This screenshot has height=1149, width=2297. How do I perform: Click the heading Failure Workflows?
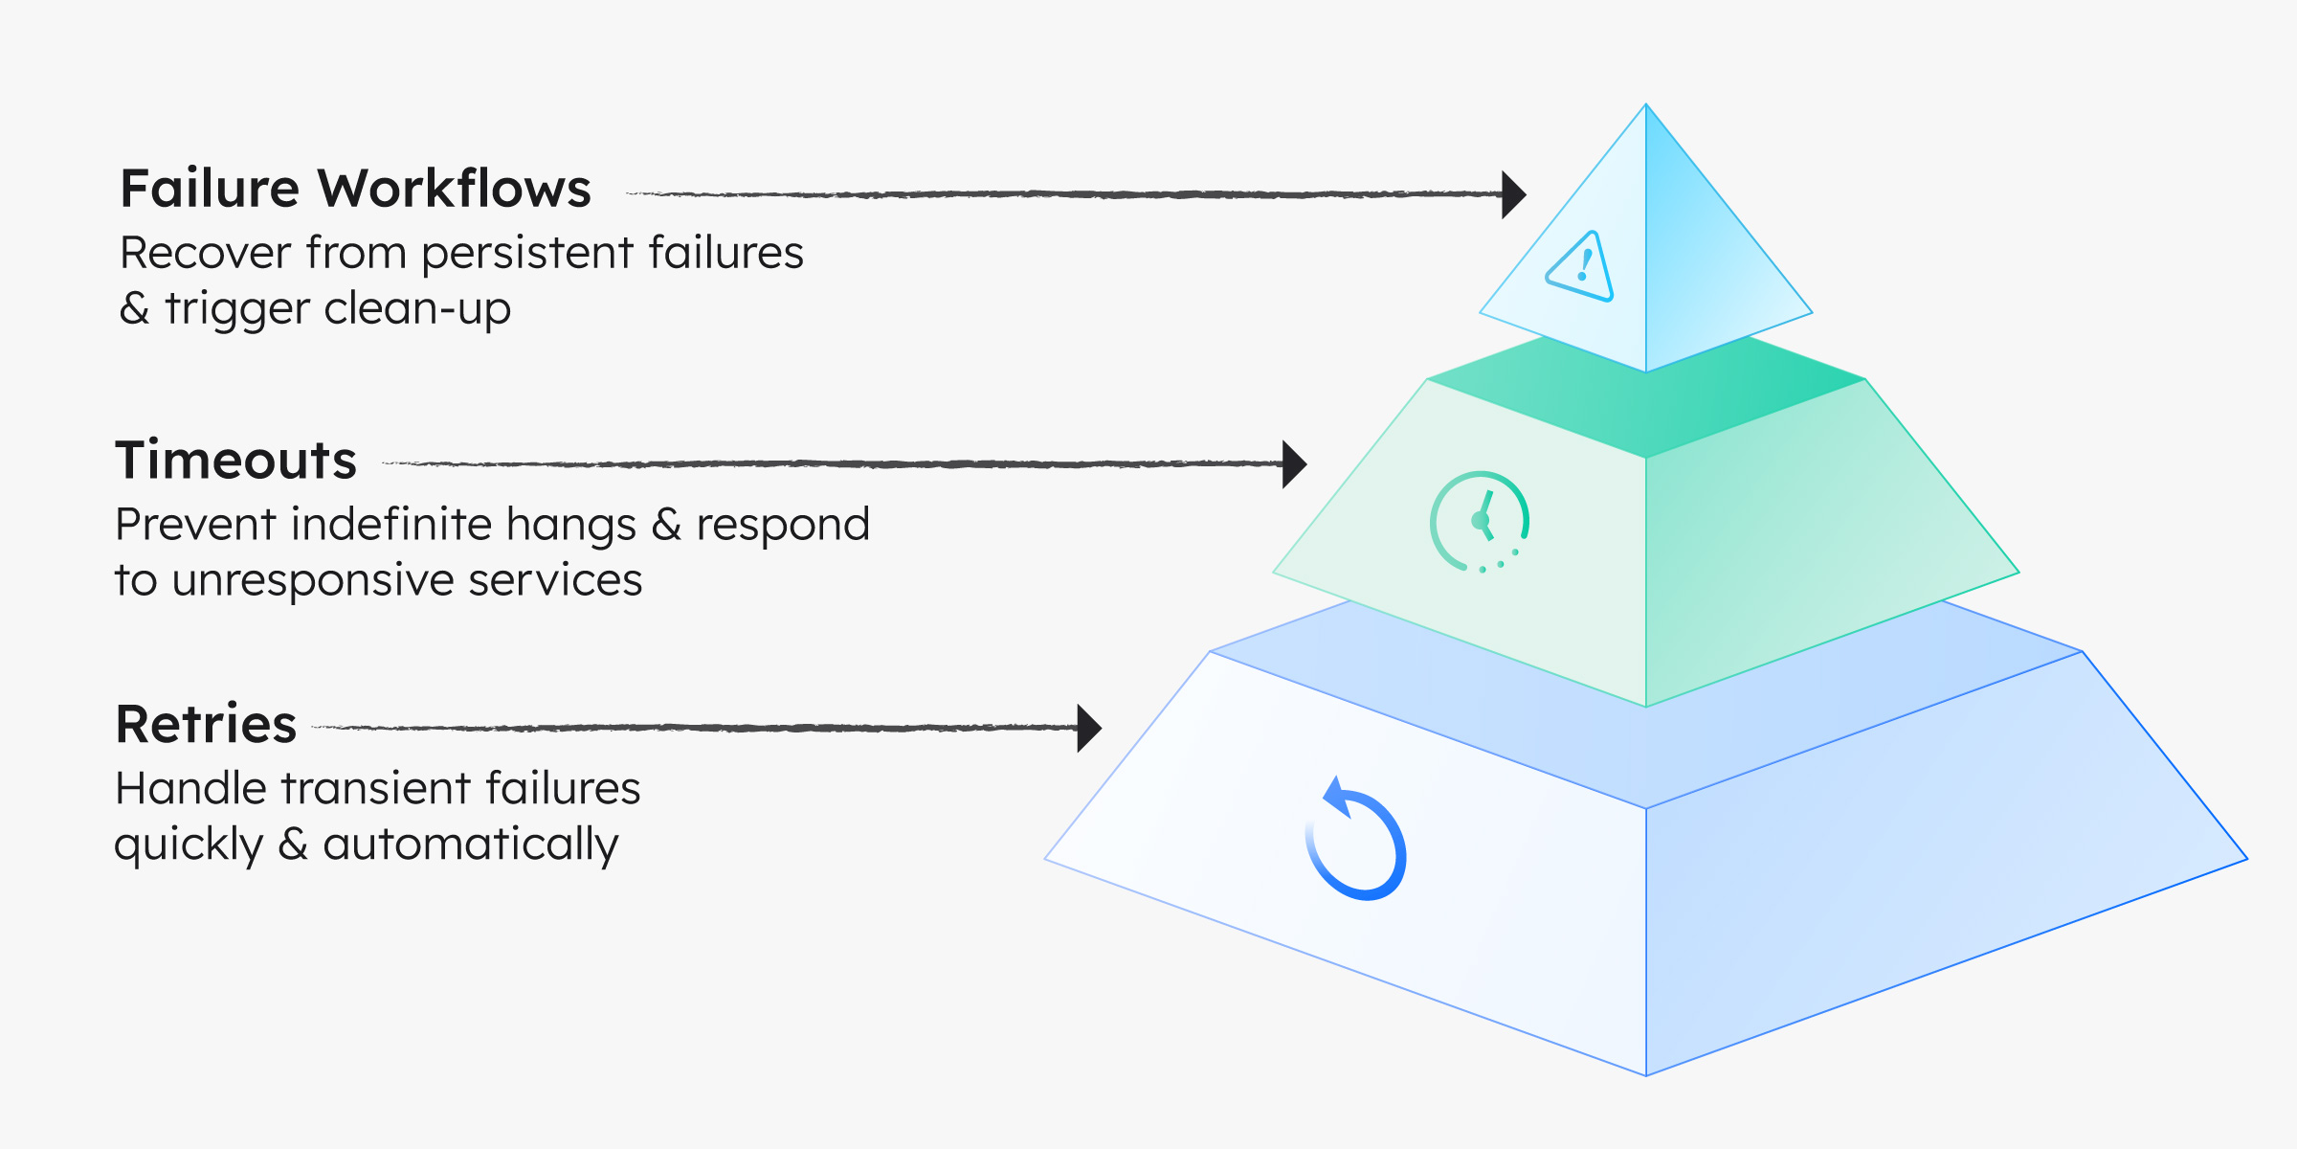(355, 189)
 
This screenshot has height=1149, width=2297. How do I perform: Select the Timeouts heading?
(235, 461)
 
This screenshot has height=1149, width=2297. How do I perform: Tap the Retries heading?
(206, 724)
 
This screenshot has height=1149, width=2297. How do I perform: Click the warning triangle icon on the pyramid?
(1581, 267)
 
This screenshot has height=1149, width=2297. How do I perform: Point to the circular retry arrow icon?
(1356, 841)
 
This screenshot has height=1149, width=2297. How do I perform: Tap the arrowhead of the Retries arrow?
(1088, 729)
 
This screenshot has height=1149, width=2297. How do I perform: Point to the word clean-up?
(417, 309)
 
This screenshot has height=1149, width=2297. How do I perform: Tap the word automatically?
(470, 845)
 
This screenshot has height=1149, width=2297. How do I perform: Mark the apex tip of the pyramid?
(1646, 105)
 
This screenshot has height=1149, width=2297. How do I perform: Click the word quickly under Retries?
(189, 845)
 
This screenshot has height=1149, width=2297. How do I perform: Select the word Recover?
(205, 254)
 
